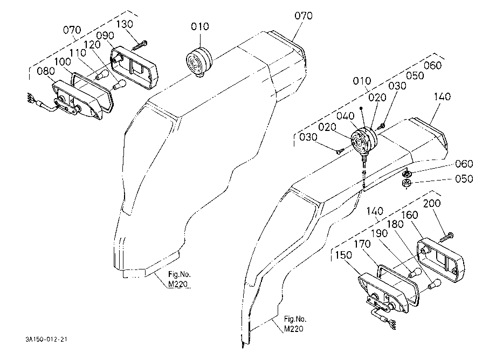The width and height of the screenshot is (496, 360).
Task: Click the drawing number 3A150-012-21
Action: (46, 340)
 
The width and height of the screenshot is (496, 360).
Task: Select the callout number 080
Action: (46, 71)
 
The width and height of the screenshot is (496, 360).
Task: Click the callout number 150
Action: (343, 255)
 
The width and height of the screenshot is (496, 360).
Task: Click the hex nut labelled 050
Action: (406, 183)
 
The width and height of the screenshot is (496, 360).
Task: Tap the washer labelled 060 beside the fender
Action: (407, 174)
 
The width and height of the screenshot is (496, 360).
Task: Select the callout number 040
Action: (345, 116)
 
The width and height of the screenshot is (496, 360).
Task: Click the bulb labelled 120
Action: (119, 85)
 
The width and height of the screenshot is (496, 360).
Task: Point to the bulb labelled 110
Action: (102, 74)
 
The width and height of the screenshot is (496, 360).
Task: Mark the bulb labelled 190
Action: (415, 273)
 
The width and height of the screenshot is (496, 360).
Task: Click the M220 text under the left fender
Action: (178, 284)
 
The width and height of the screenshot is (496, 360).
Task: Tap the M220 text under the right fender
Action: (294, 329)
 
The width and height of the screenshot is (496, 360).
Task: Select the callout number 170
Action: (362, 244)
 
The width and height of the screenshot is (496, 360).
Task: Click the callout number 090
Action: (105, 36)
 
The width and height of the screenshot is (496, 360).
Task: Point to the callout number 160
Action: (410, 215)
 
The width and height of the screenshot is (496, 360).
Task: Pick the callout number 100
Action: (63, 61)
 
